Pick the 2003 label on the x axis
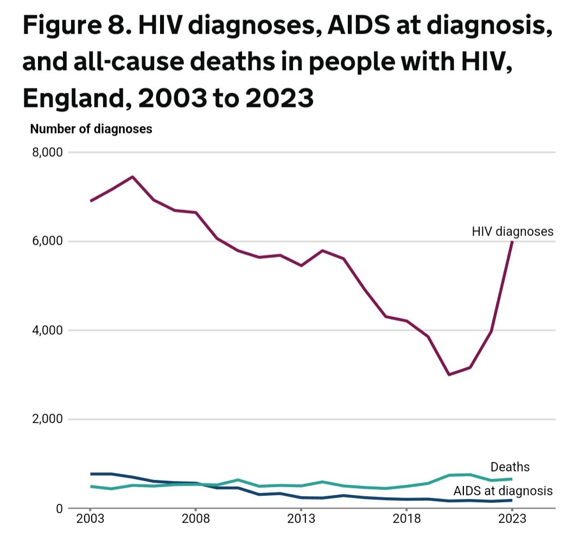[x=91, y=519]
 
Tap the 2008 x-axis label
[x=196, y=519]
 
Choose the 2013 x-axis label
[x=301, y=519]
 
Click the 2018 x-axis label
[x=406, y=519]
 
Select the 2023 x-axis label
[x=512, y=519]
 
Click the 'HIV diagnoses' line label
[x=513, y=232]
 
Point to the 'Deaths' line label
[x=510, y=467]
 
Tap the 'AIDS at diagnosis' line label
[x=503, y=491]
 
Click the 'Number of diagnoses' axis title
[x=91, y=129]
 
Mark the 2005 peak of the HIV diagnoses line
[x=133, y=177]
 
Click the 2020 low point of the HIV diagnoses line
[x=449, y=375]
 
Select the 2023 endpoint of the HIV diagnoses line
[x=512, y=242]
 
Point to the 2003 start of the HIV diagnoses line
[x=91, y=201]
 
